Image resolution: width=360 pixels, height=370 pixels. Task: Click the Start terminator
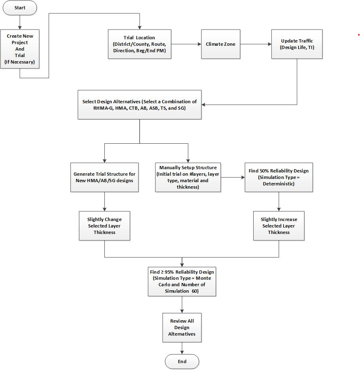click(x=19, y=8)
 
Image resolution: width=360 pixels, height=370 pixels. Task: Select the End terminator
click(x=182, y=361)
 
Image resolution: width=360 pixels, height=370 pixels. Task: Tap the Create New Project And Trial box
click(x=20, y=49)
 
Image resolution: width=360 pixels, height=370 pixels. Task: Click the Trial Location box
click(x=139, y=44)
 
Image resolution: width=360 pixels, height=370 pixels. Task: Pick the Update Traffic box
click(x=297, y=44)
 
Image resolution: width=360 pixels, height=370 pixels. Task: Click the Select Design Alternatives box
click(x=140, y=105)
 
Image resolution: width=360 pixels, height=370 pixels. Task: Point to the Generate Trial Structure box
click(x=104, y=177)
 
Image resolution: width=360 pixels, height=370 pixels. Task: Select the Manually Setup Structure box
click(x=188, y=177)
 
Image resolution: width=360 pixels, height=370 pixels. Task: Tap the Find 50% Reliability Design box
click(x=279, y=177)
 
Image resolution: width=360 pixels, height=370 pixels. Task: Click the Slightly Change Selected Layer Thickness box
click(x=104, y=226)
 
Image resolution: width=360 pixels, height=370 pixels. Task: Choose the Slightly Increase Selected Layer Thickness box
click(x=279, y=226)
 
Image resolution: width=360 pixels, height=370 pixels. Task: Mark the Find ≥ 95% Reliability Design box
click(x=182, y=281)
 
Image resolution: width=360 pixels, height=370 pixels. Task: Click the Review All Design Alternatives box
click(x=182, y=327)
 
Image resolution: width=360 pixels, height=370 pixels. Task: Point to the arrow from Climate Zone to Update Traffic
click(x=255, y=44)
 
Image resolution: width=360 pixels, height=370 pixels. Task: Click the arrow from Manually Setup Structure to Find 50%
click(x=233, y=177)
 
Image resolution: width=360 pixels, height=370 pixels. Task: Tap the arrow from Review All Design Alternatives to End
click(x=182, y=348)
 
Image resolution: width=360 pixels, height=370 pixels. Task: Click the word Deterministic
click(x=279, y=184)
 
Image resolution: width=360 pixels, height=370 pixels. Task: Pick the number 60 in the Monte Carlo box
click(x=195, y=291)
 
